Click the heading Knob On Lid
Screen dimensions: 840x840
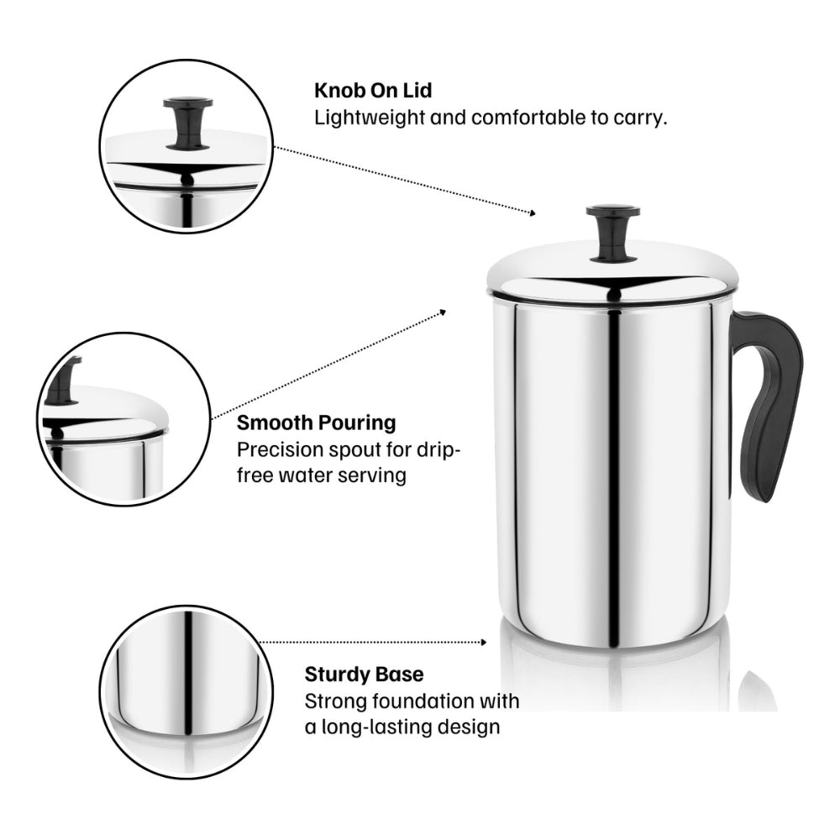373,91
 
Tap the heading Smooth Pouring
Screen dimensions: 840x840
316,423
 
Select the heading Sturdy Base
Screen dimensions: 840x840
364,674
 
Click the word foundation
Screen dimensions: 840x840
416,701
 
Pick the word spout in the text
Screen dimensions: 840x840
354,450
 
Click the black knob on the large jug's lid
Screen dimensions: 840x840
613,233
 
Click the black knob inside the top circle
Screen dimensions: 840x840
187,123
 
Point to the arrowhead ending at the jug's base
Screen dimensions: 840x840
484,643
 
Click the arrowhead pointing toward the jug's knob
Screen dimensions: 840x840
532,213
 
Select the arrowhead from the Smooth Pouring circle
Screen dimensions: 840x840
443,312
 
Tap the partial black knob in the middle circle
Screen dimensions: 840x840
63,381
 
